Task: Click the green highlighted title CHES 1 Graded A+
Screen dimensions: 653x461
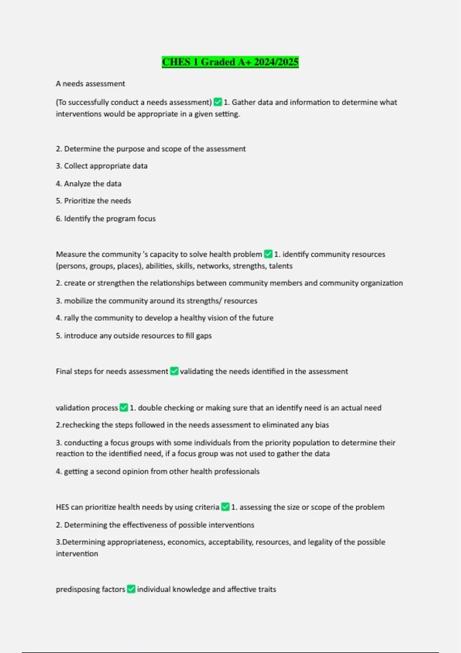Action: tap(230, 62)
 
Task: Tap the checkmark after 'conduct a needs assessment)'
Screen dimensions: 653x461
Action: tap(218, 102)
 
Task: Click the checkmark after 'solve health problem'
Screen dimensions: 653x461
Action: tap(268, 254)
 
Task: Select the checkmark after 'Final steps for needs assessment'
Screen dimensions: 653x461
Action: tap(174, 371)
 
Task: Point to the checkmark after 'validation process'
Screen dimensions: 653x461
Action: tap(124, 408)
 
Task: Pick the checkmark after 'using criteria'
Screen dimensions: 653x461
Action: tap(226, 507)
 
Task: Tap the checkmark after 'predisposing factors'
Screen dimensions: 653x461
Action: tap(131, 589)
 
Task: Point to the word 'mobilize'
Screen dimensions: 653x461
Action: tap(78, 301)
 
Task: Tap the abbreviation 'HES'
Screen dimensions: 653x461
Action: tap(62, 507)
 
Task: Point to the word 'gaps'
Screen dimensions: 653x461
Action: tap(204, 336)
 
